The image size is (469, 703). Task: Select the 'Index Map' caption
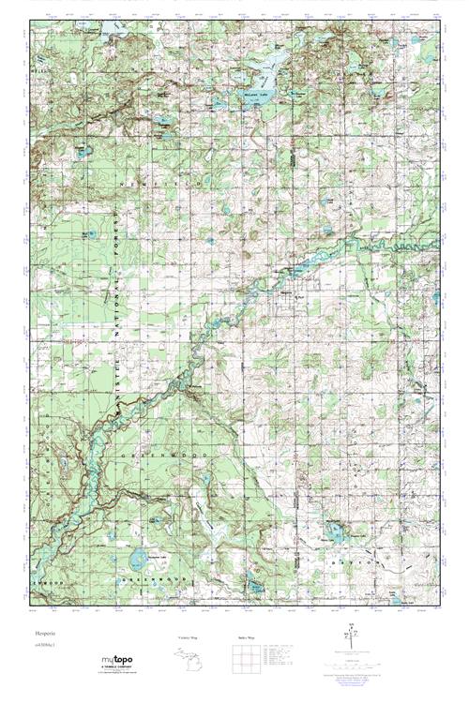pos(247,638)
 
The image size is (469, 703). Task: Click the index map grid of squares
pos(246,662)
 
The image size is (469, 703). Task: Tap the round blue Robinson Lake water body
pos(138,561)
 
